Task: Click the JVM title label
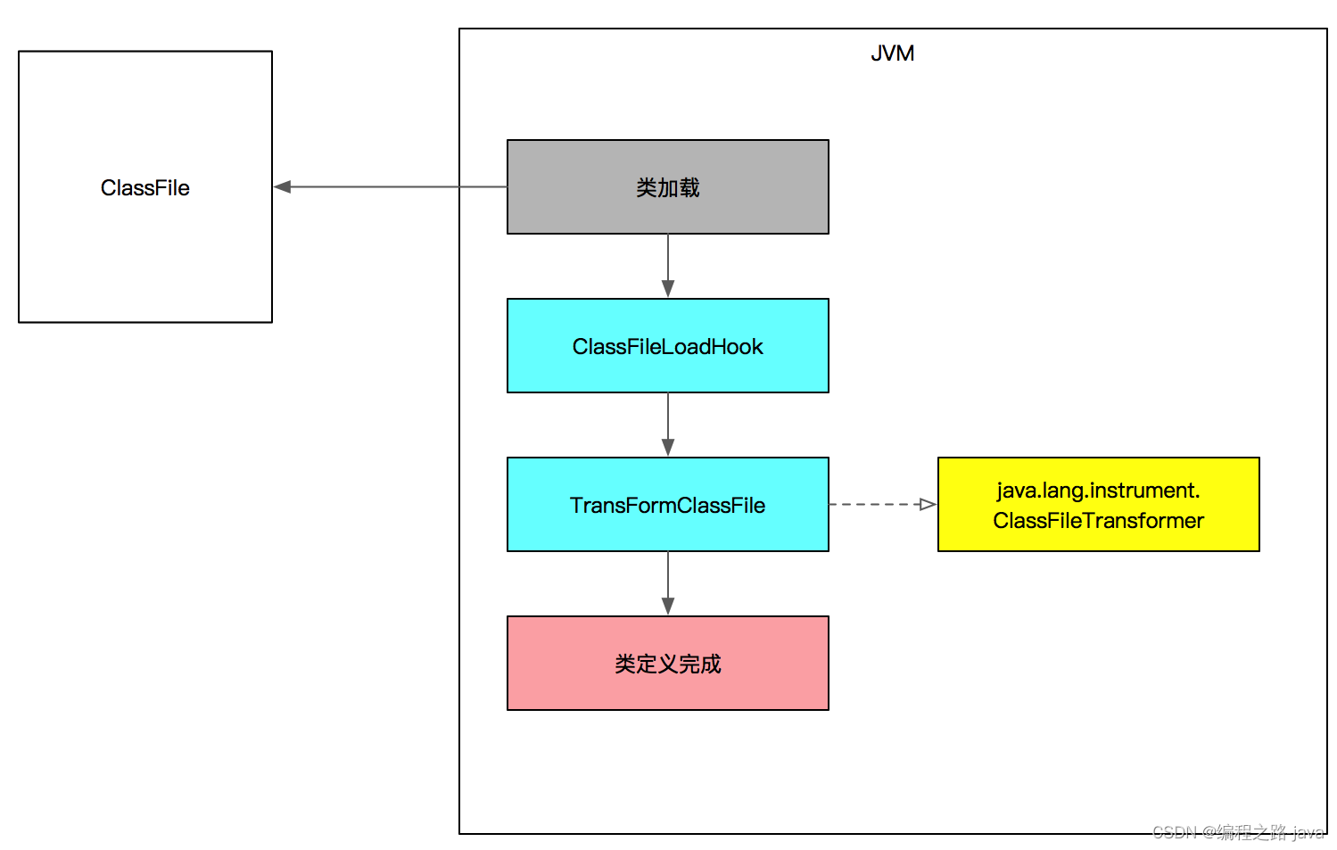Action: tap(892, 54)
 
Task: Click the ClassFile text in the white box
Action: tap(144, 188)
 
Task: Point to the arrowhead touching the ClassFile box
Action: tap(283, 187)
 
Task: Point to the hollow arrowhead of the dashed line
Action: tap(928, 505)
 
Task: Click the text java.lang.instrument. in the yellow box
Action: tap(1098, 491)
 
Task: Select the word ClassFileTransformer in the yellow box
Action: tap(1098, 521)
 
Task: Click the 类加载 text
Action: tap(667, 188)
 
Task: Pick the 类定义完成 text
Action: tap(667, 664)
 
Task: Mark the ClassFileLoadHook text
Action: tap(667, 347)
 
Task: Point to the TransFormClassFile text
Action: tap(667, 506)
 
